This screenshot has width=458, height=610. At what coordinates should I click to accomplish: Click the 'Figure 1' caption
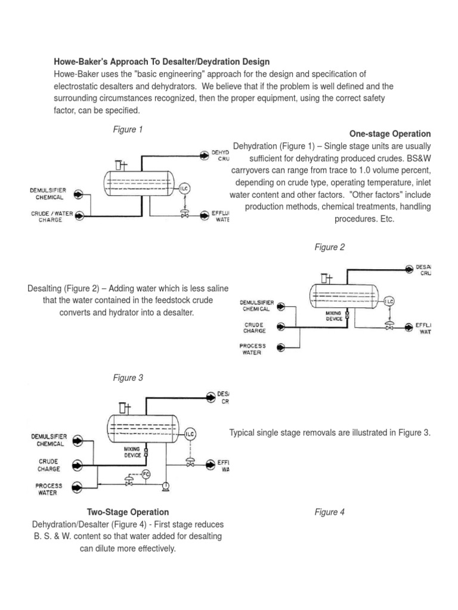click(128, 129)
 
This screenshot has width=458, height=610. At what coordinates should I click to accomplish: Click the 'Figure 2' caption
click(329, 247)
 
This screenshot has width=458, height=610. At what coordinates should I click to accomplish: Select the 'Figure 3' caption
click(128, 378)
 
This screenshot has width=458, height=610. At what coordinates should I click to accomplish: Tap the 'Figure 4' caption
click(329, 512)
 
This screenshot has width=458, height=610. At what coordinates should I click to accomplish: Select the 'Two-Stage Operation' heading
click(128, 512)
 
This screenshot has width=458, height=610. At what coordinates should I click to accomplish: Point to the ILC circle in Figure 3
click(190, 433)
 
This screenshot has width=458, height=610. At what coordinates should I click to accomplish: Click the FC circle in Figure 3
click(146, 474)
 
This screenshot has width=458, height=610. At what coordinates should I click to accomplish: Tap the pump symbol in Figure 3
click(165, 486)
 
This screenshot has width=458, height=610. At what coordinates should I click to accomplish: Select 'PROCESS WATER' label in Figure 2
click(253, 349)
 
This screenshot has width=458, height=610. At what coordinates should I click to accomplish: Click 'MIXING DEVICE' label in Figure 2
click(334, 315)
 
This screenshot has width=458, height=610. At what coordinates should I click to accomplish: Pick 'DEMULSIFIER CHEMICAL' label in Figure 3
click(50, 440)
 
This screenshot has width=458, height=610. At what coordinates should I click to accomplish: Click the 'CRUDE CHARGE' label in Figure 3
click(48, 465)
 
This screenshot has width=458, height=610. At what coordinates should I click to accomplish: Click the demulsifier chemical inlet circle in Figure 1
click(80, 194)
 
